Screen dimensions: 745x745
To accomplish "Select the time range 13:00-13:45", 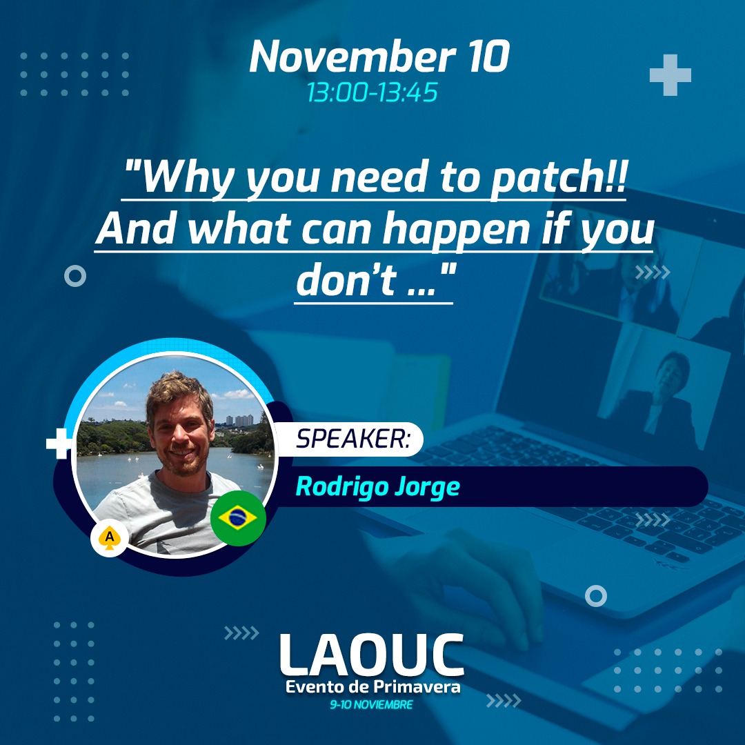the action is click(x=372, y=92).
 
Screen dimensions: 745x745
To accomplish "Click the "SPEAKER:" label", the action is click(x=353, y=438).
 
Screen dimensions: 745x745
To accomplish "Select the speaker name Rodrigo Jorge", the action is click(x=378, y=487).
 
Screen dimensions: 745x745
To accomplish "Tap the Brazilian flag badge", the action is click(x=238, y=518).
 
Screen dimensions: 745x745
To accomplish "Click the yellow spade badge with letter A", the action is click(x=109, y=539).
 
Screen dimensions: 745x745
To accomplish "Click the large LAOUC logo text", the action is click(x=372, y=655).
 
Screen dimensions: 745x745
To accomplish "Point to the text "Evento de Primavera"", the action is click(x=372, y=686).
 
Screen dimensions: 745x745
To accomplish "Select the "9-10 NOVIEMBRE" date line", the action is click(x=372, y=704).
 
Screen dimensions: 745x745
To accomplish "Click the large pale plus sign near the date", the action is click(x=670, y=75).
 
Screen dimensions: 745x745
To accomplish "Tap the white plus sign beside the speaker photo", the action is click(x=59, y=444).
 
